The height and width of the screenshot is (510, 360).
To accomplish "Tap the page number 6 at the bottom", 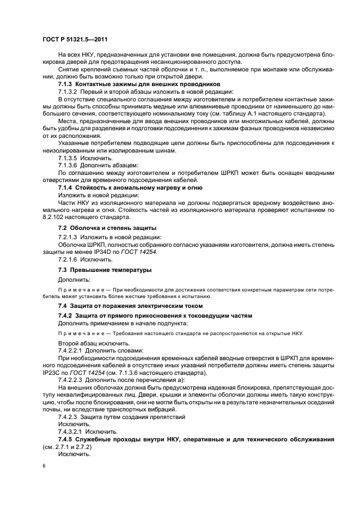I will point(44,467).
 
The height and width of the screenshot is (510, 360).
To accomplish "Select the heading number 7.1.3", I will point(65,84).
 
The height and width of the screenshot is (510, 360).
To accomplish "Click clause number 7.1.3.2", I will point(69,92).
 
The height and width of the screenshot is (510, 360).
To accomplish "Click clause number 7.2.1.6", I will point(69,260).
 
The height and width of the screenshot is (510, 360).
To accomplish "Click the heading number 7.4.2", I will point(65,316).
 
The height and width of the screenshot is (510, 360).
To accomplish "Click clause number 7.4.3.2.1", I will point(71,430).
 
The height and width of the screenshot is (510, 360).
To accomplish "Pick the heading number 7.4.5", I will point(65,439).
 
